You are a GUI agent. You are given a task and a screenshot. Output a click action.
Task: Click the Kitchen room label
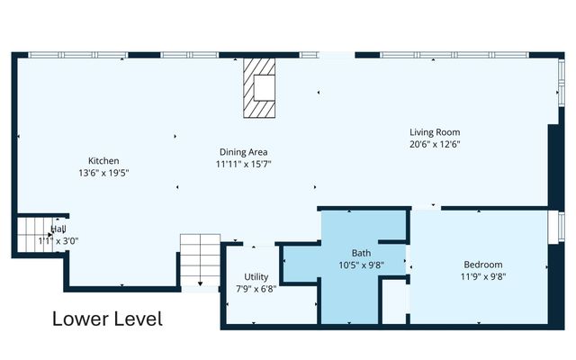point(103,161)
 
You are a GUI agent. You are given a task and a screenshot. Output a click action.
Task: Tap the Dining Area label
point(244,152)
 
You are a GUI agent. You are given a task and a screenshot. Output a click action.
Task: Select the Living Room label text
point(435,132)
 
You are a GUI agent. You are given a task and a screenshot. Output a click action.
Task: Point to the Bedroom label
point(483,265)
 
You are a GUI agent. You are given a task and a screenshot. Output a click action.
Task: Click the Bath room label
point(361,253)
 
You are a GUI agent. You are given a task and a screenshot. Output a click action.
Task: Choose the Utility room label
point(256,277)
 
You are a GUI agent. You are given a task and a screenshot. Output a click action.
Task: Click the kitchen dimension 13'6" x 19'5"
point(103,173)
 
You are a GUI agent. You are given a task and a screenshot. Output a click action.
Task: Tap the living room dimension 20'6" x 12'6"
point(435,144)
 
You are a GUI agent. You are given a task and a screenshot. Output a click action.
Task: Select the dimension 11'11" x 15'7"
point(244,164)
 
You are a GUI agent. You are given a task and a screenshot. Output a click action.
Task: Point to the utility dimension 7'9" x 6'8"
point(256,289)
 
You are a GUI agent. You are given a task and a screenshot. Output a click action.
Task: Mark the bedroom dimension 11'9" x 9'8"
point(483,276)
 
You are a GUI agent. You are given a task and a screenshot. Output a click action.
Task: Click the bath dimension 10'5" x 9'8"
point(361,265)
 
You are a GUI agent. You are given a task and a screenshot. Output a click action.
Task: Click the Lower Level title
point(107,319)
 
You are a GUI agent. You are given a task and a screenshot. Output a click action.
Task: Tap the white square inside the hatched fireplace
point(265,87)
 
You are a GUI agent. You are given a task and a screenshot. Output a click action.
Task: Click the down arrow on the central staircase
point(200,284)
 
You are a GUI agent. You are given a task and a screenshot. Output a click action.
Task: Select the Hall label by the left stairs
point(58,229)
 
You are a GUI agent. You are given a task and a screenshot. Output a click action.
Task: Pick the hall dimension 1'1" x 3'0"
point(58,241)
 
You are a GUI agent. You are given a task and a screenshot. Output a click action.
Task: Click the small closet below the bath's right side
point(394,302)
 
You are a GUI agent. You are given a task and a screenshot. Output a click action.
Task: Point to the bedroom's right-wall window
point(562,227)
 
